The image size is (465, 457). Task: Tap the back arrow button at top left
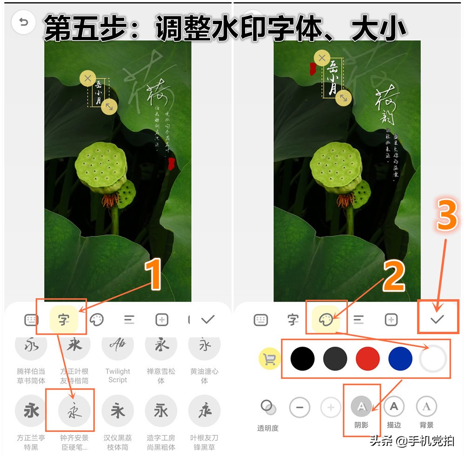[23, 22]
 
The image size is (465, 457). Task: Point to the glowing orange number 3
[447, 215]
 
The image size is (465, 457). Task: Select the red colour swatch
[368, 359]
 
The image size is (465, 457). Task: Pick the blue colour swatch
[400, 359]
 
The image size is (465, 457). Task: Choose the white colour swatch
[433, 359]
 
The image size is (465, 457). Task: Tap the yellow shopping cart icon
[269, 359]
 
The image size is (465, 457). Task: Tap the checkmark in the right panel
[438, 319]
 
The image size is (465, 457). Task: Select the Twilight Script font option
[118, 346]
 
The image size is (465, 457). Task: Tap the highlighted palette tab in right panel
[325, 319]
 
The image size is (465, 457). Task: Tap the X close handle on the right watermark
[322, 58]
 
